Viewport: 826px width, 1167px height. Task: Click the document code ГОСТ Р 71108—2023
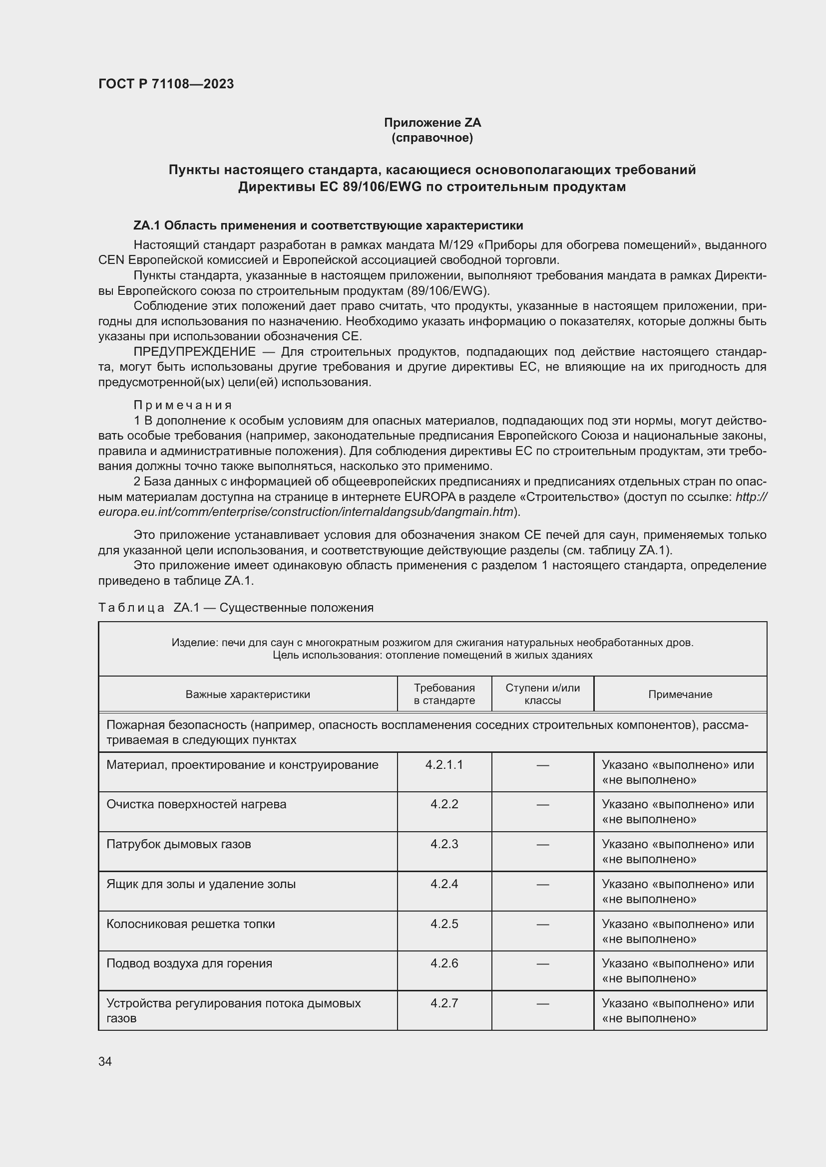pyautogui.click(x=166, y=84)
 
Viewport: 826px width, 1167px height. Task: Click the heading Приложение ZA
pyautogui.click(x=432, y=123)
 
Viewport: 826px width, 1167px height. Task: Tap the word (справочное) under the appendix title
pyautogui.click(x=432, y=138)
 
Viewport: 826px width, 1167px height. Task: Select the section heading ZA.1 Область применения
pyautogui.click(x=328, y=225)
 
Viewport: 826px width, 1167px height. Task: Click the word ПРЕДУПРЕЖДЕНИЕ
pyautogui.click(x=195, y=352)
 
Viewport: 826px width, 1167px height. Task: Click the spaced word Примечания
pyautogui.click(x=183, y=405)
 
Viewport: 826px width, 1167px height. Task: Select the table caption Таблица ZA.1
pyautogui.click(x=236, y=607)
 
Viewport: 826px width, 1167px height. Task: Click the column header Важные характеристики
pyautogui.click(x=248, y=695)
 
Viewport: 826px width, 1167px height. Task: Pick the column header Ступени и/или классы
pyautogui.click(x=542, y=694)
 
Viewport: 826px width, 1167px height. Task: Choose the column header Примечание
pyautogui.click(x=680, y=695)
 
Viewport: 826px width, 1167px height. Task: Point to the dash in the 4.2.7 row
pyautogui.click(x=543, y=1003)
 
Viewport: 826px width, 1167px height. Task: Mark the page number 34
pyautogui.click(x=105, y=1061)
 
